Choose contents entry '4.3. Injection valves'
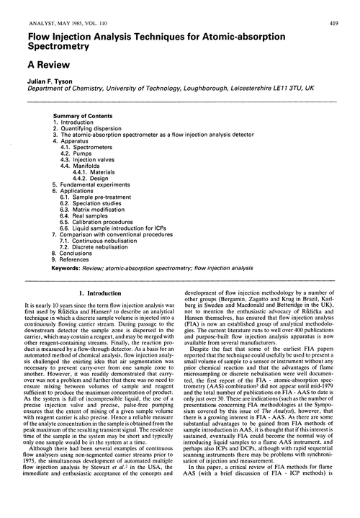(x=87, y=160)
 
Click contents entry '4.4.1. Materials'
(x=97, y=172)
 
